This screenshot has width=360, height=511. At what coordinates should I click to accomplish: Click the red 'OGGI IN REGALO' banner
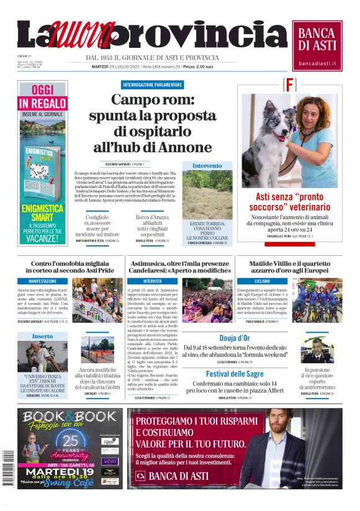point(42,96)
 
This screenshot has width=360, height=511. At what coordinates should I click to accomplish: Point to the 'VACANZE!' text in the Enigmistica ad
point(42,238)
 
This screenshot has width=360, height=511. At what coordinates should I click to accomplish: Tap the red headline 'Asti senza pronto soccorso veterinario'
point(289,201)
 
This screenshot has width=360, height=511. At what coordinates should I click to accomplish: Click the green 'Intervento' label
point(207,166)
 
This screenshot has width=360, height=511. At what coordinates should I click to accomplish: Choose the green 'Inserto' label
point(42,336)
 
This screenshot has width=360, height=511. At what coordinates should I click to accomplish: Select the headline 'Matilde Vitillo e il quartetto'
point(289,263)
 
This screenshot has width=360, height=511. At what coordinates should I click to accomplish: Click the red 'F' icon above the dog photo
point(289,85)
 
